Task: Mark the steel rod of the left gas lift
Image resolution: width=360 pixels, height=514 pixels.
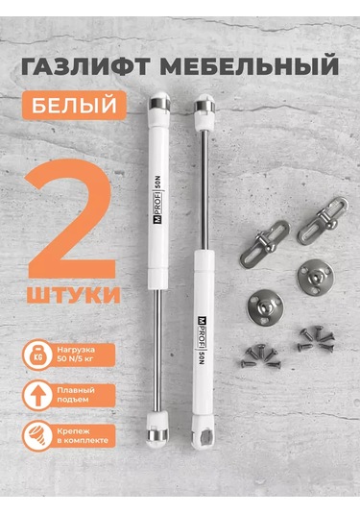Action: [156, 327]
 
